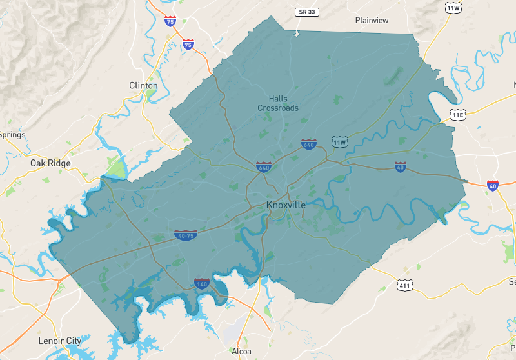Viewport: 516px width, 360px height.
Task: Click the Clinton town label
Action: coord(143,85)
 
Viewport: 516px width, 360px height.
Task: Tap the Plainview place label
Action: coord(372,20)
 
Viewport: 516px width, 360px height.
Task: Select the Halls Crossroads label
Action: coord(278,103)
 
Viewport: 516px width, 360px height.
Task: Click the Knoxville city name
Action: coord(286,205)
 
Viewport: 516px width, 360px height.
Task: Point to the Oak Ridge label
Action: coord(50,163)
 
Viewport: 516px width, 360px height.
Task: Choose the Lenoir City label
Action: coord(60,340)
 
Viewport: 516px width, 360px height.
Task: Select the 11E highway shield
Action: coord(457,114)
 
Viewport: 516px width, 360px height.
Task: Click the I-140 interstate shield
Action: coord(202,283)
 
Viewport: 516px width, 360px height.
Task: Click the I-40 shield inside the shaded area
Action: coord(401,166)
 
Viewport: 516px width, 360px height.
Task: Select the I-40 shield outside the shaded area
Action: coord(493,185)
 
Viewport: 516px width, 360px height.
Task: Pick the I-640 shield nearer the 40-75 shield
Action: coord(263,167)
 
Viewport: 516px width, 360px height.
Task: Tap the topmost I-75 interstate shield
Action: coord(170,21)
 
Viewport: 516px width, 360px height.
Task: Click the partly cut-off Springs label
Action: coord(12,135)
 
